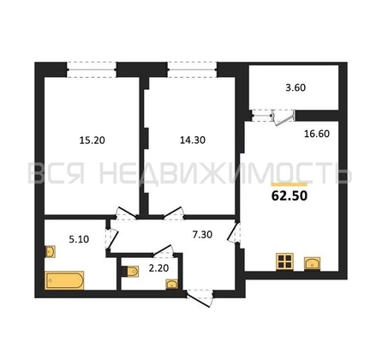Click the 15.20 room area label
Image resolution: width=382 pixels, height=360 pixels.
[x=93, y=141]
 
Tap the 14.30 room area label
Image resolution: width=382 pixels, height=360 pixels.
[x=193, y=140]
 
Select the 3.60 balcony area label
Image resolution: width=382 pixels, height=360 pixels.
[x=295, y=87]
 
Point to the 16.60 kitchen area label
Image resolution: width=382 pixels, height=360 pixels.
[x=317, y=134]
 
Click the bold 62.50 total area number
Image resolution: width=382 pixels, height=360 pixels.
[x=289, y=196]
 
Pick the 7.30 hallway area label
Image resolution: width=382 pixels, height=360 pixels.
[x=202, y=235]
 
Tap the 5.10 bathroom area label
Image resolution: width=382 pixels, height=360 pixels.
[x=79, y=239]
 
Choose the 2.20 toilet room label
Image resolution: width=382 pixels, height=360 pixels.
[x=159, y=268]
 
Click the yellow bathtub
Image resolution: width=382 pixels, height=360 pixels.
[x=64, y=280]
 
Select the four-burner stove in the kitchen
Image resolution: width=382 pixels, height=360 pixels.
[x=285, y=261]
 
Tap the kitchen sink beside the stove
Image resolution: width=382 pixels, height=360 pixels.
[x=313, y=263]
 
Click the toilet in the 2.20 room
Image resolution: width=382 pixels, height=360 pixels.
[x=130, y=272]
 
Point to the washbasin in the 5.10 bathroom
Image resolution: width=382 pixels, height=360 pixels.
[x=51, y=252]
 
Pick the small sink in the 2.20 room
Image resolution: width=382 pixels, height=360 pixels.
[x=172, y=285]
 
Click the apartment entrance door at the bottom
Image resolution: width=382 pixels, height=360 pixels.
[x=200, y=298]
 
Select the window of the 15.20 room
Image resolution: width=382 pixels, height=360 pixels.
[x=92, y=69]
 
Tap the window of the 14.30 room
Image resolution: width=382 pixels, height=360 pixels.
[x=192, y=69]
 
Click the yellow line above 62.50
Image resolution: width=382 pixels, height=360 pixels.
[x=289, y=184]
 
